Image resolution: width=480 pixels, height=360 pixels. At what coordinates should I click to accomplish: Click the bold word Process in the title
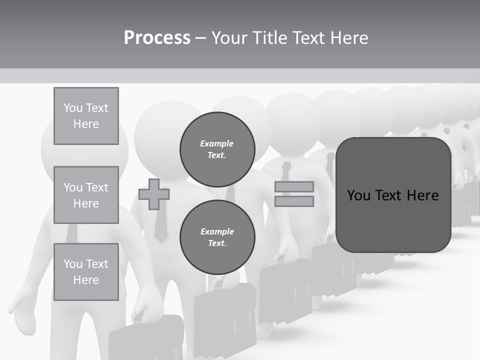(x=157, y=38)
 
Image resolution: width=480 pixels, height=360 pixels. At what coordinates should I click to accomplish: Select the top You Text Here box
(x=86, y=116)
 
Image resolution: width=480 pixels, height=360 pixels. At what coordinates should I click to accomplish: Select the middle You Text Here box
(x=86, y=195)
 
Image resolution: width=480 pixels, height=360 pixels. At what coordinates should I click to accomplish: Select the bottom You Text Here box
(x=86, y=271)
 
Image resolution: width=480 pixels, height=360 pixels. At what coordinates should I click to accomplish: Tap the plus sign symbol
(x=154, y=194)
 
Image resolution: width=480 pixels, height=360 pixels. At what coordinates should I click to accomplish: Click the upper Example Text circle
(x=217, y=149)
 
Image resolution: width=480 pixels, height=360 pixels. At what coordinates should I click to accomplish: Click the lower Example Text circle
(x=217, y=237)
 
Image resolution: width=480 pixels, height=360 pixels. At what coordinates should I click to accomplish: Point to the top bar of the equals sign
(x=294, y=186)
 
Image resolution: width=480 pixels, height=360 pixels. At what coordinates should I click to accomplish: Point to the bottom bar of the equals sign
(x=294, y=201)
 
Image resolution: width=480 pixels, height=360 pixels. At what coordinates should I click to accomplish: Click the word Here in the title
(x=348, y=38)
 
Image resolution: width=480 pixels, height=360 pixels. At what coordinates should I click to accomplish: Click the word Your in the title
(x=230, y=38)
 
